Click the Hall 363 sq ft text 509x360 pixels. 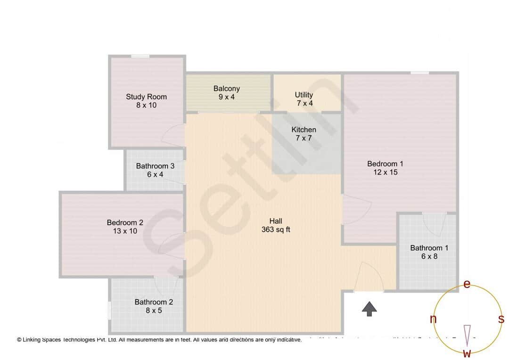276,225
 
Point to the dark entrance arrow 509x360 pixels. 369,309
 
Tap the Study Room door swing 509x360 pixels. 173,136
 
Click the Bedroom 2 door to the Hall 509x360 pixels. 172,245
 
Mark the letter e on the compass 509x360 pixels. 467,284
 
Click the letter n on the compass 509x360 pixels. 433,319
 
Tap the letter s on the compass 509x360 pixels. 501,319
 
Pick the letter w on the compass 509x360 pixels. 467,353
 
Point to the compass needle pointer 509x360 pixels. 467,334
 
